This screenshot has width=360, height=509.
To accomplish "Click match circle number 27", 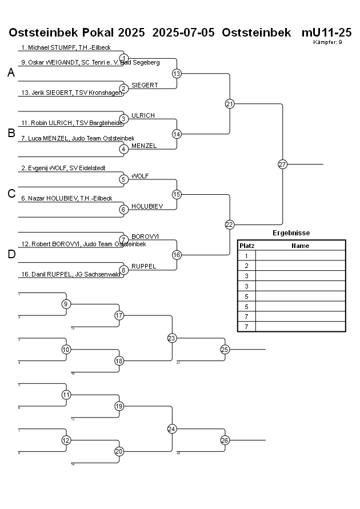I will pos(282,164).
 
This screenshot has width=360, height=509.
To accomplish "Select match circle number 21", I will pos(230,104).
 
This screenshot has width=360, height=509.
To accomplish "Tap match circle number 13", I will pos(177,74).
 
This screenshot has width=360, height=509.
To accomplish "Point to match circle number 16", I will pos(177,254).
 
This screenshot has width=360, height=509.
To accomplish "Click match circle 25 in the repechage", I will pos(225,349).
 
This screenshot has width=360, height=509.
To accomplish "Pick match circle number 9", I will pos(66,304).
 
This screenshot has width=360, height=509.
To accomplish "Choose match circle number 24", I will pos(171,428).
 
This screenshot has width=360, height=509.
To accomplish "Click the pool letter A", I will pos(11,73).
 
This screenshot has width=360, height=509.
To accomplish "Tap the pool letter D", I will pos(11,254).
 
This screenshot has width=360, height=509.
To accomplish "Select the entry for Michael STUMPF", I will pos(66,47).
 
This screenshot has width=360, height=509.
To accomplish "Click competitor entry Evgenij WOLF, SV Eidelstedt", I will pos(63,168).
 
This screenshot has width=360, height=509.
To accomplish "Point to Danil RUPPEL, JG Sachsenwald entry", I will pos(70,274).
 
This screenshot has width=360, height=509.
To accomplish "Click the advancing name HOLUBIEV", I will pos(147,206).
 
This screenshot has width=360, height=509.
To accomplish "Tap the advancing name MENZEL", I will pos(144,146).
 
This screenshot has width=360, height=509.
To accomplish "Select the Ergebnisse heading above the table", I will pos(291,233).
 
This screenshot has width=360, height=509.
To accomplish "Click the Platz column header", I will pos(247,246).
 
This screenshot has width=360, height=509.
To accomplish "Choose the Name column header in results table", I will pos(300,246).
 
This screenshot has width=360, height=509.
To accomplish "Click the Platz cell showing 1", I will pos(247,256).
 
